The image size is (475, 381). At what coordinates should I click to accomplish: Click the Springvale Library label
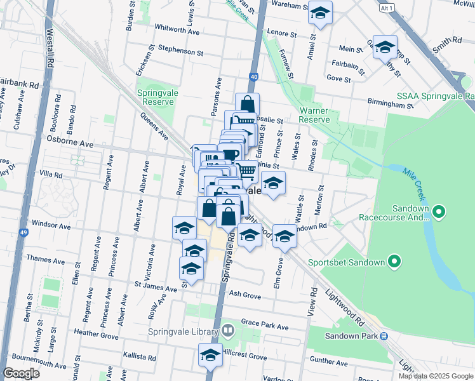coord(182,331)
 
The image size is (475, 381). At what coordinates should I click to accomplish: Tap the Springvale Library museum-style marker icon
coord(227,331)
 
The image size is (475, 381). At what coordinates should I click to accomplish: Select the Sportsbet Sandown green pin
coord(394,262)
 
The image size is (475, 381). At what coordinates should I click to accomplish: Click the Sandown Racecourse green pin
coord(438,211)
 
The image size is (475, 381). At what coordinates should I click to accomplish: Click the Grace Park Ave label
coord(265,326)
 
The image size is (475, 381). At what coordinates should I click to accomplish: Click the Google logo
coord(21,373)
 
